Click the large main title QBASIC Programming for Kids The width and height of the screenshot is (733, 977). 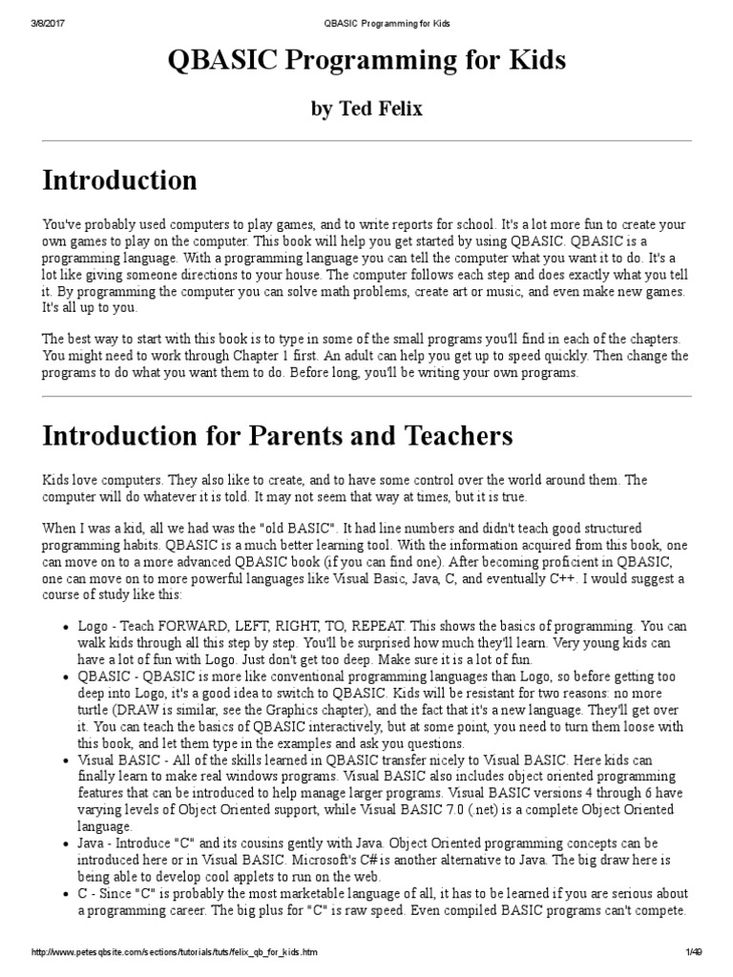366,62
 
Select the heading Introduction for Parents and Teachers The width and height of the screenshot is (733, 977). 278,436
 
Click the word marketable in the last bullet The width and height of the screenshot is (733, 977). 312,894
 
